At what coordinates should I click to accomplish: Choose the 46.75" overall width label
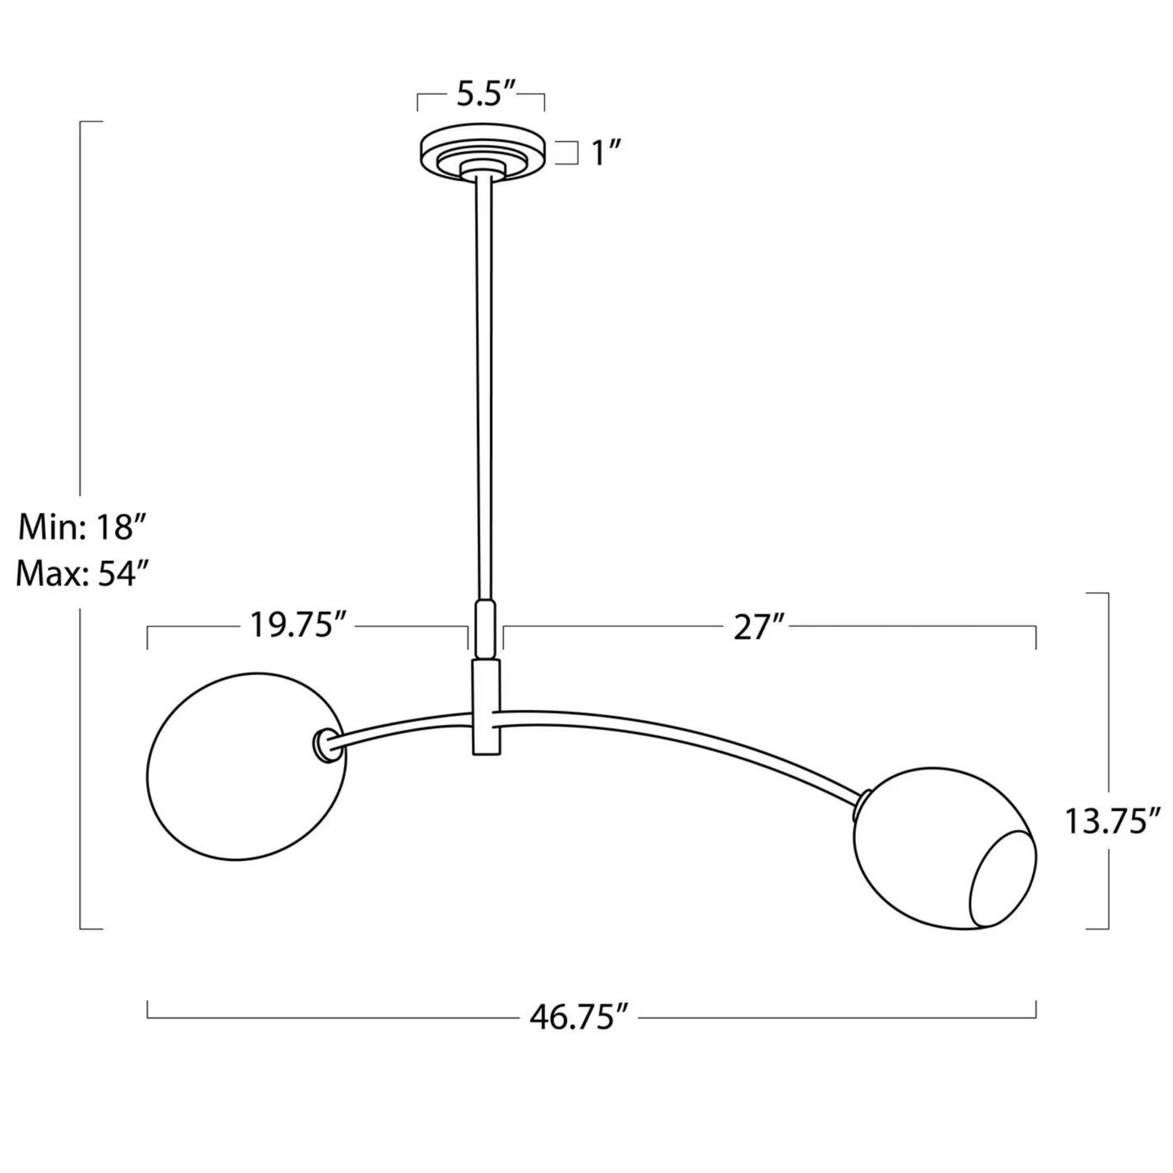[x=579, y=1018]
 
